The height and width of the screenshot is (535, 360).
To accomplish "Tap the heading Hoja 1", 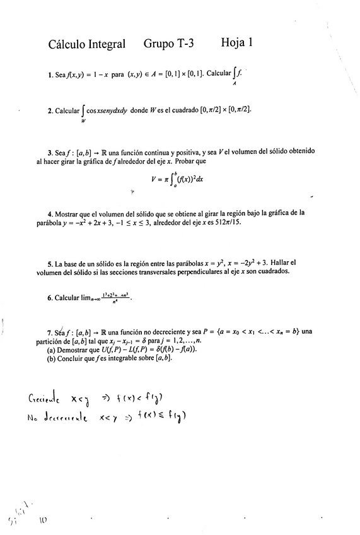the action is click(x=237, y=43).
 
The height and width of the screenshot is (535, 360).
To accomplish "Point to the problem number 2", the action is click(x=50, y=110).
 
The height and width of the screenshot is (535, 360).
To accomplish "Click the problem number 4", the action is click(x=49, y=213).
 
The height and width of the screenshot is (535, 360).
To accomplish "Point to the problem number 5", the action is click(x=49, y=262).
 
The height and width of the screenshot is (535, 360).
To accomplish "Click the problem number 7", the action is click(x=49, y=332).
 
